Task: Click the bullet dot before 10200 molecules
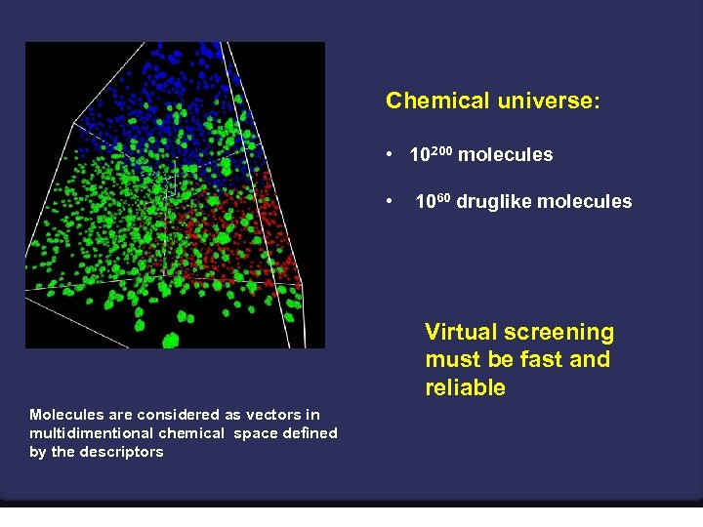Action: click(x=389, y=155)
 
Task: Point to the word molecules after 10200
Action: click(x=505, y=155)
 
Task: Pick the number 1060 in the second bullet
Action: click(x=434, y=202)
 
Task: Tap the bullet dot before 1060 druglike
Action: click(x=389, y=203)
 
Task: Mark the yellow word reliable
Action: click(x=465, y=387)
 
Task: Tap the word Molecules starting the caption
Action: click(x=63, y=415)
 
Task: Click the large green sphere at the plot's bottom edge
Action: click(x=171, y=341)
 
